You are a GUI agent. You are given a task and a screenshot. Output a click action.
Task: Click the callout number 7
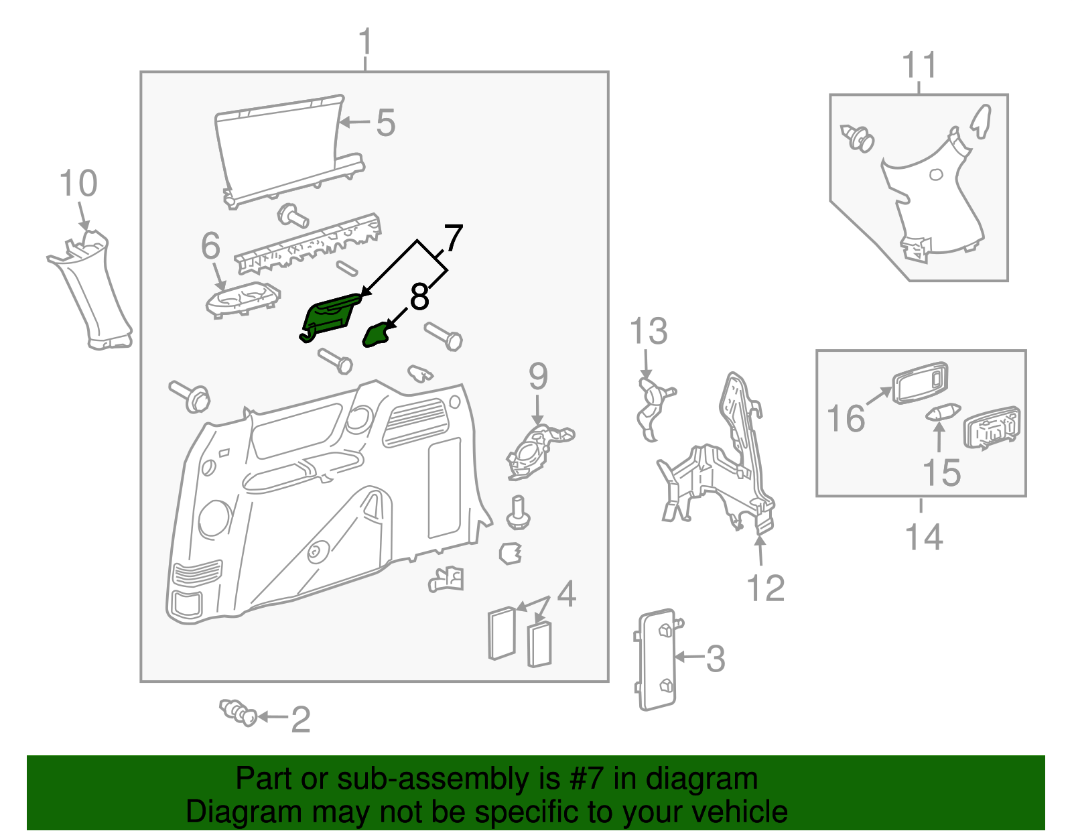(454, 239)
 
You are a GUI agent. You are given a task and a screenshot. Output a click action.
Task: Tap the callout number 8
(419, 297)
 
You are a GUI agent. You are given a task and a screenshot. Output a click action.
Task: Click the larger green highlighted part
(330, 316)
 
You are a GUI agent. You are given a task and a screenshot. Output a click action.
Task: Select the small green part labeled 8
(376, 335)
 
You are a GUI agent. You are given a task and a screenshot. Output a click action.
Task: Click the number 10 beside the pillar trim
(78, 184)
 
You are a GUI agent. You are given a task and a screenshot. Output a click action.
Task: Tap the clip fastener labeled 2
(239, 712)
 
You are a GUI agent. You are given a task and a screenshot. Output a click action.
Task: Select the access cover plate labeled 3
(657, 659)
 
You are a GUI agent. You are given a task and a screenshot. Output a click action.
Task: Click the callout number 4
(566, 594)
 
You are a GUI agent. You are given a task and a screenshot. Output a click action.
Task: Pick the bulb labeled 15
(943, 412)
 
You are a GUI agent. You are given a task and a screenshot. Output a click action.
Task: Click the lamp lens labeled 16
(920, 383)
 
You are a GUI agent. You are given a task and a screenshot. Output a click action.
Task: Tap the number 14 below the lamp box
(924, 537)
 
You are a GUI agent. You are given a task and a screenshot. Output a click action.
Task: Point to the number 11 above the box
(919, 66)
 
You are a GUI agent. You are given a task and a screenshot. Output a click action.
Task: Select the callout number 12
(765, 588)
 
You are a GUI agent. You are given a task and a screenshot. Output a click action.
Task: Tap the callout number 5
(385, 123)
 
